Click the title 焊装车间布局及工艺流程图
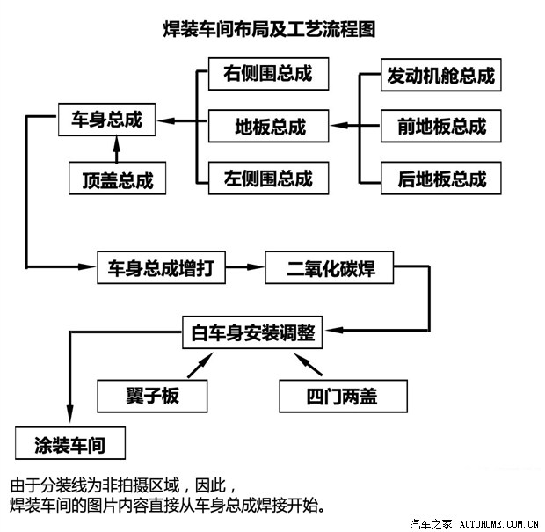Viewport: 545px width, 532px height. click(x=270, y=29)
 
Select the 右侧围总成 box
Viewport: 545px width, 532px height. click(x=268, y=74)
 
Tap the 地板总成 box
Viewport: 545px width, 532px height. click(x=268, y=126)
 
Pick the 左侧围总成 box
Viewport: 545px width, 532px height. click(x=268, y=179)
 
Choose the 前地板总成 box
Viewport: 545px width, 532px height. click(x=440, y=126)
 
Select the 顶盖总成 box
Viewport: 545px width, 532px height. click(x=117, y=180)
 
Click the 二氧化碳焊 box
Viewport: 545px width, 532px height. click(x=330, y=268)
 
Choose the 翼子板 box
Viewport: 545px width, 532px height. click(x=152, y=395)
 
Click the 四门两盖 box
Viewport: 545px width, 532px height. click(x=343, y=395)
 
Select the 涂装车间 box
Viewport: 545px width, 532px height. click(x=70, y=443)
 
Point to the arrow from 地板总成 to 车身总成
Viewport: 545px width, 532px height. click(x=186, y=121)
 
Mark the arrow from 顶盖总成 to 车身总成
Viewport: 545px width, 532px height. click(x=116, y=151)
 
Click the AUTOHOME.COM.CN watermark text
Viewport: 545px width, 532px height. click(x=498, y=522)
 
